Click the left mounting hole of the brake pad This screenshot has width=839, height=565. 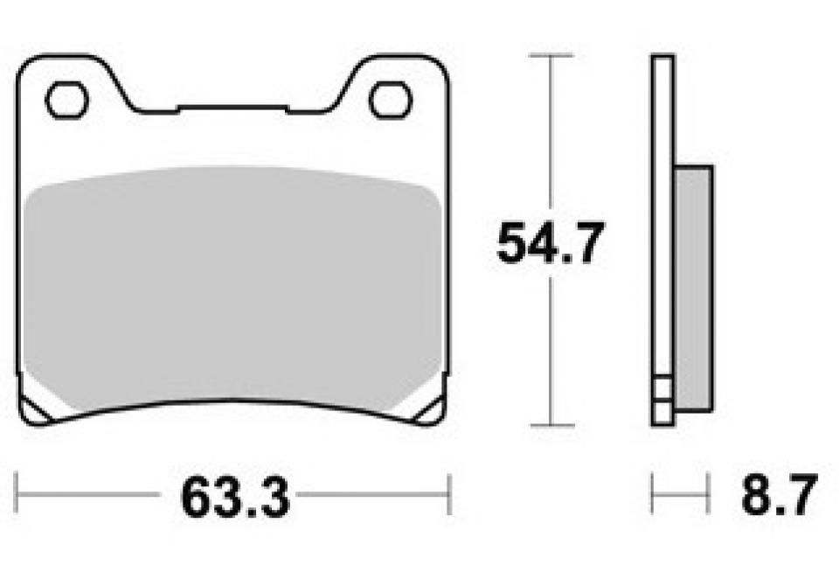coord(67,100)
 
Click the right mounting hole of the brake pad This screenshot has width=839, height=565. coord(390,100)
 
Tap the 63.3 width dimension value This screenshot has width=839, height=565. coord(234,497)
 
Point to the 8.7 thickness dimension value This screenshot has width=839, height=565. coord(779,497)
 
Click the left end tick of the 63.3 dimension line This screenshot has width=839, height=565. coord(18,495)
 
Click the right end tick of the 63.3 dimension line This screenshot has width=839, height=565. coord(449,495)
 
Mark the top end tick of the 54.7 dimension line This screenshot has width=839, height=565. coord(550,55)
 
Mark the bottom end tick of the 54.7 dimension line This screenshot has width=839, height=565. coord(550,426)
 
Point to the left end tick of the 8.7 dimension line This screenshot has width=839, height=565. coord(652,495)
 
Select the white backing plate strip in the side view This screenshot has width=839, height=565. coord(662,219)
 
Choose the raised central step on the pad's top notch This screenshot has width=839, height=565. coord(232,108)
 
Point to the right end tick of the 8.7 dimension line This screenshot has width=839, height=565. coord(709,495)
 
